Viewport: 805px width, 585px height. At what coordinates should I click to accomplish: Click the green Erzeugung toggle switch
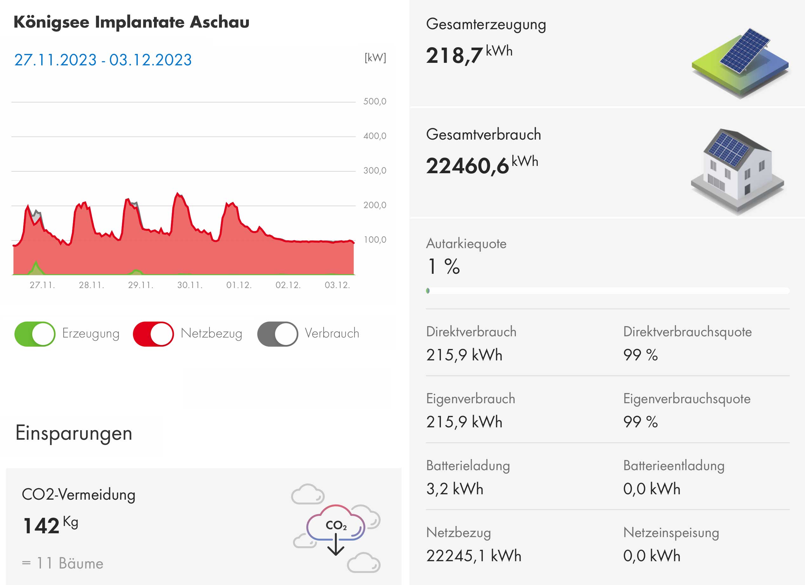point(35,334)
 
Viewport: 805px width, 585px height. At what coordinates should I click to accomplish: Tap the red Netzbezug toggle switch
point(153,334)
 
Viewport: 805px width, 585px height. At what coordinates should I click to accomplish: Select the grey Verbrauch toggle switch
point(277,334)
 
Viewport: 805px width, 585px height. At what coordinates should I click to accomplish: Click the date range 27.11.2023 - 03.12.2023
point(103,60)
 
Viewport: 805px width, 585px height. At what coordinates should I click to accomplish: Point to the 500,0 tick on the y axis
point(375,102)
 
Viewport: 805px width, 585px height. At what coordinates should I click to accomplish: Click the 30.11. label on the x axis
point(190,285)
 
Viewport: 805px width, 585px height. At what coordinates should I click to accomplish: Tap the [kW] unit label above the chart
point(375,57)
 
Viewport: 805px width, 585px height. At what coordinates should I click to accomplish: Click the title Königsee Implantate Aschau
point(131,22)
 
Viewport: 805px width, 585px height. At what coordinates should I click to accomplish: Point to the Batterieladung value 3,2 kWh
point(455,489)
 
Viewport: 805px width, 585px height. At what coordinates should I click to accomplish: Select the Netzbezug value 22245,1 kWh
point(474,555)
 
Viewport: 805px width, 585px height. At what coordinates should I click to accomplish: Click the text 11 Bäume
point(70,563)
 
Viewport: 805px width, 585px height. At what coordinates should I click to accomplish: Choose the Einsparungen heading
point(74,433)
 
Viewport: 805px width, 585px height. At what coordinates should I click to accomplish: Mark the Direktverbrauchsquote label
point(687,332)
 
